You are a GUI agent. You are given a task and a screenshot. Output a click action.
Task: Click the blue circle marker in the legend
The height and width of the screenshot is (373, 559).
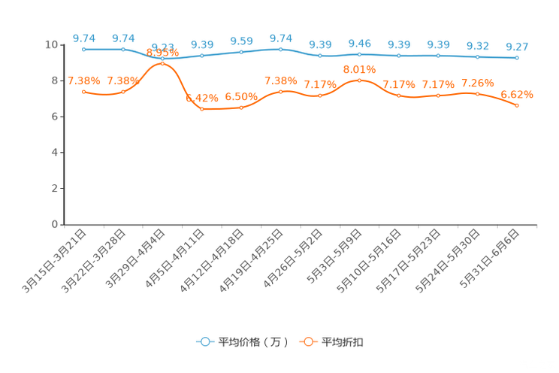pos(204,341)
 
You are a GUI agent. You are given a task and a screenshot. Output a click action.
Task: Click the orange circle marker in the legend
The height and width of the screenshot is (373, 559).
pos(308,341)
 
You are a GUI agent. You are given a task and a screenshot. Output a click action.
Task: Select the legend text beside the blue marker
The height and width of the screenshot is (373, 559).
pos(252,342)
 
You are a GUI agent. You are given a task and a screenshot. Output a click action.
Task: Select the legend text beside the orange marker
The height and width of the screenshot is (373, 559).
pos(343,342)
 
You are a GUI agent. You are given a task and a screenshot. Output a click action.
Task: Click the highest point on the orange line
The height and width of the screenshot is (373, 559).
pos(162,64)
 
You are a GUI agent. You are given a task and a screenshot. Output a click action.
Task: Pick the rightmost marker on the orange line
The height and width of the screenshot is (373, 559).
pos(517,106)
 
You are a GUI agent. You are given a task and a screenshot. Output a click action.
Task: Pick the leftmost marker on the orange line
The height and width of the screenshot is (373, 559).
pos(83,91)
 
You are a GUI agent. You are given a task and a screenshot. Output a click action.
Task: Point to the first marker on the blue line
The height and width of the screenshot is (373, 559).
pos(83,49)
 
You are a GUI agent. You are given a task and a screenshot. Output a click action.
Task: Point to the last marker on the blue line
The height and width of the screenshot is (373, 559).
pos(517,57)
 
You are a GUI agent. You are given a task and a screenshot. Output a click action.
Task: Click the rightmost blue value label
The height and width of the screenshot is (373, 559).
pos(517,47)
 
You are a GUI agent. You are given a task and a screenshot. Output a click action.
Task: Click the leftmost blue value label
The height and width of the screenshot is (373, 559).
pos(83,38)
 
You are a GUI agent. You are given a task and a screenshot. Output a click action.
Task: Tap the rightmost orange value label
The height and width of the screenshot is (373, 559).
pos(517,95)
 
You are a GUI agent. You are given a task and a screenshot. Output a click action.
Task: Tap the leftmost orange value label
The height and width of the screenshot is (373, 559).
pos(80,80)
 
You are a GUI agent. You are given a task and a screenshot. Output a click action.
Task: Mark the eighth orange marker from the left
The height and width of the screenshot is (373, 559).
pos(359,79)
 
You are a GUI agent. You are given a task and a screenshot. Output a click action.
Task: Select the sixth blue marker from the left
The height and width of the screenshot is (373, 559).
pos(280,49)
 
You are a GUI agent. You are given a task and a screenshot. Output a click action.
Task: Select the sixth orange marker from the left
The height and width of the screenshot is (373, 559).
pos(280,91)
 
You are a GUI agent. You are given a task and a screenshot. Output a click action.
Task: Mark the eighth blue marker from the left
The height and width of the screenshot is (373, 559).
pos(359,54)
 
